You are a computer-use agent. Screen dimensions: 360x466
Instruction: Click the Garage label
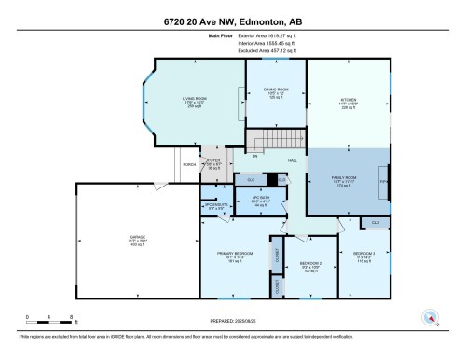pyautogui.click(x=137, y=240)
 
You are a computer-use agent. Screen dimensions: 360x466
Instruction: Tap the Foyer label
pyautogui.click(x=212, y=162)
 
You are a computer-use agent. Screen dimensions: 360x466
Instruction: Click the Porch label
pyautogui.click(x=188, y=165)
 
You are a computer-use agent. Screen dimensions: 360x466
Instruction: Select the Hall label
pyautogui.click(x=292, y=161)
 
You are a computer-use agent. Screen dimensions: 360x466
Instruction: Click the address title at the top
pyautogui.click(x=233, y=21)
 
